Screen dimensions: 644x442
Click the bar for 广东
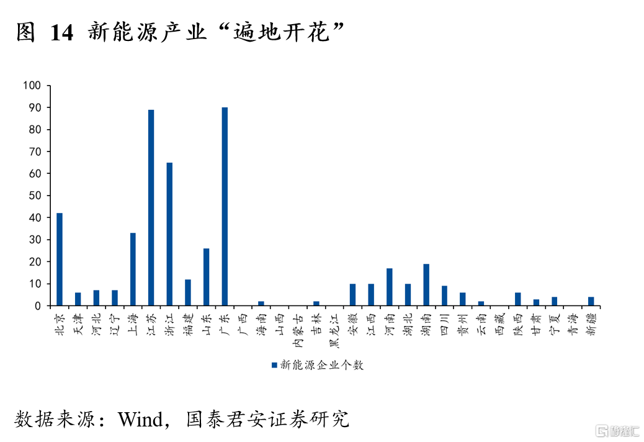[x=225, y=207]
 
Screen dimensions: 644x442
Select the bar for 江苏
[x=151, y=208]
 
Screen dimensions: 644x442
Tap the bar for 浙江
[x=169, y=234]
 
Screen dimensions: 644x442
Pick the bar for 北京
[x=60, y=259]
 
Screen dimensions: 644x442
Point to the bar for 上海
[x=133, y=269]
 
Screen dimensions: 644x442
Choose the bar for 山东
[x=206, y=277]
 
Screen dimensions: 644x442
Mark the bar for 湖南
[x=426, y=285]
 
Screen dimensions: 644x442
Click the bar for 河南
[x=390, y=287]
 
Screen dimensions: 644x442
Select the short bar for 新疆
[x=591, y=302]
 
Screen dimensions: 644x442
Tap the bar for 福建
[x=188, y=293]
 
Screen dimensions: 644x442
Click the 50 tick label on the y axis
[x=35, y=196]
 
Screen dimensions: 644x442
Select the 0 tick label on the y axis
[x=38, y=306]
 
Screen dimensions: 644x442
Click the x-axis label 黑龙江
[x=335, y=331]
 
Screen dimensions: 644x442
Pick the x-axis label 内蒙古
[x=298, y=331]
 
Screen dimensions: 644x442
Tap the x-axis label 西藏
[x=499, y=325]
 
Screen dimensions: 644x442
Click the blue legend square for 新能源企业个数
[x=274, y=365]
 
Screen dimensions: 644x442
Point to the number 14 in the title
[x=62, y=33]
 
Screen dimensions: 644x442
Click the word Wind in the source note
[x=141, y=420]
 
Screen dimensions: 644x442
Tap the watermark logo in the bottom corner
[x=618, y=431]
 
